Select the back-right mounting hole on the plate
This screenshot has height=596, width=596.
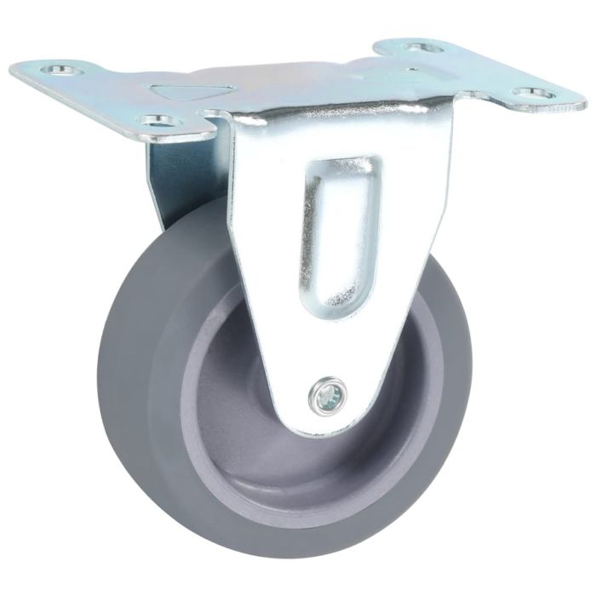[x=423, y=48]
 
